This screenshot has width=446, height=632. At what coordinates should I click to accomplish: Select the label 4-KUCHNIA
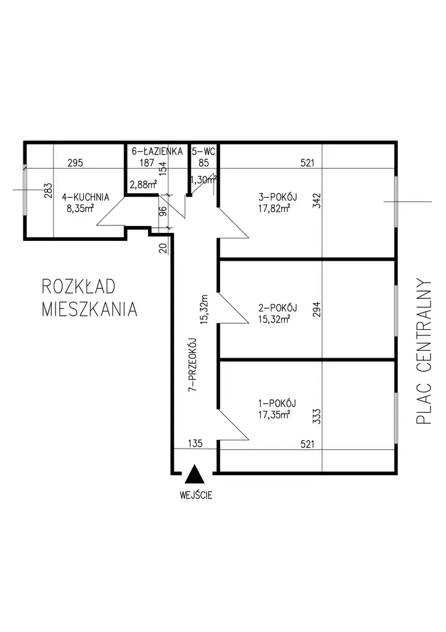(88, 198)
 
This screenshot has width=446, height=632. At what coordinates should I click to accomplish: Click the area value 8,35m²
(80, 208)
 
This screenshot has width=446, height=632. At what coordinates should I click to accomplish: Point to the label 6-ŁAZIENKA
(157, 151)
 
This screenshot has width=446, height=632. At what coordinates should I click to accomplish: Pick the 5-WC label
(203, 151)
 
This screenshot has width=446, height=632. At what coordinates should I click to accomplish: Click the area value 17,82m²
(275, 208)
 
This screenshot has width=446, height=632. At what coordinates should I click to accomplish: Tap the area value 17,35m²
(275, 415)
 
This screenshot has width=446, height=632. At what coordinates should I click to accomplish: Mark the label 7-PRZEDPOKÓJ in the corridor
(192, 364)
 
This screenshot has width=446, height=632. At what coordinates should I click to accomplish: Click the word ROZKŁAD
(80, 287)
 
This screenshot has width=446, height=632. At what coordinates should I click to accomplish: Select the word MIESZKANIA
(89, 309)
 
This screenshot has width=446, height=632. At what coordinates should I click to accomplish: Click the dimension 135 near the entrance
(194, 444)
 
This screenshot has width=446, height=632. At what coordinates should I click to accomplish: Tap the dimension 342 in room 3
(317, 202)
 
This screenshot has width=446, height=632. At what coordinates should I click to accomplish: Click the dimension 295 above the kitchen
(75, 164)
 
